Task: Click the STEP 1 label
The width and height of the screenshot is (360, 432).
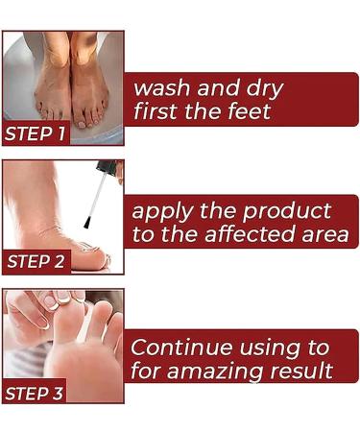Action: click(x=36, y=133)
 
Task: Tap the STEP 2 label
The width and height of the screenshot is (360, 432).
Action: click(x=36, y=261)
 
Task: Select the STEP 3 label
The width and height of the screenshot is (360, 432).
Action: click(x=36, y=392)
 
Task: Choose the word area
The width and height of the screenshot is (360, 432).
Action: click(x=325, y=236)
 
